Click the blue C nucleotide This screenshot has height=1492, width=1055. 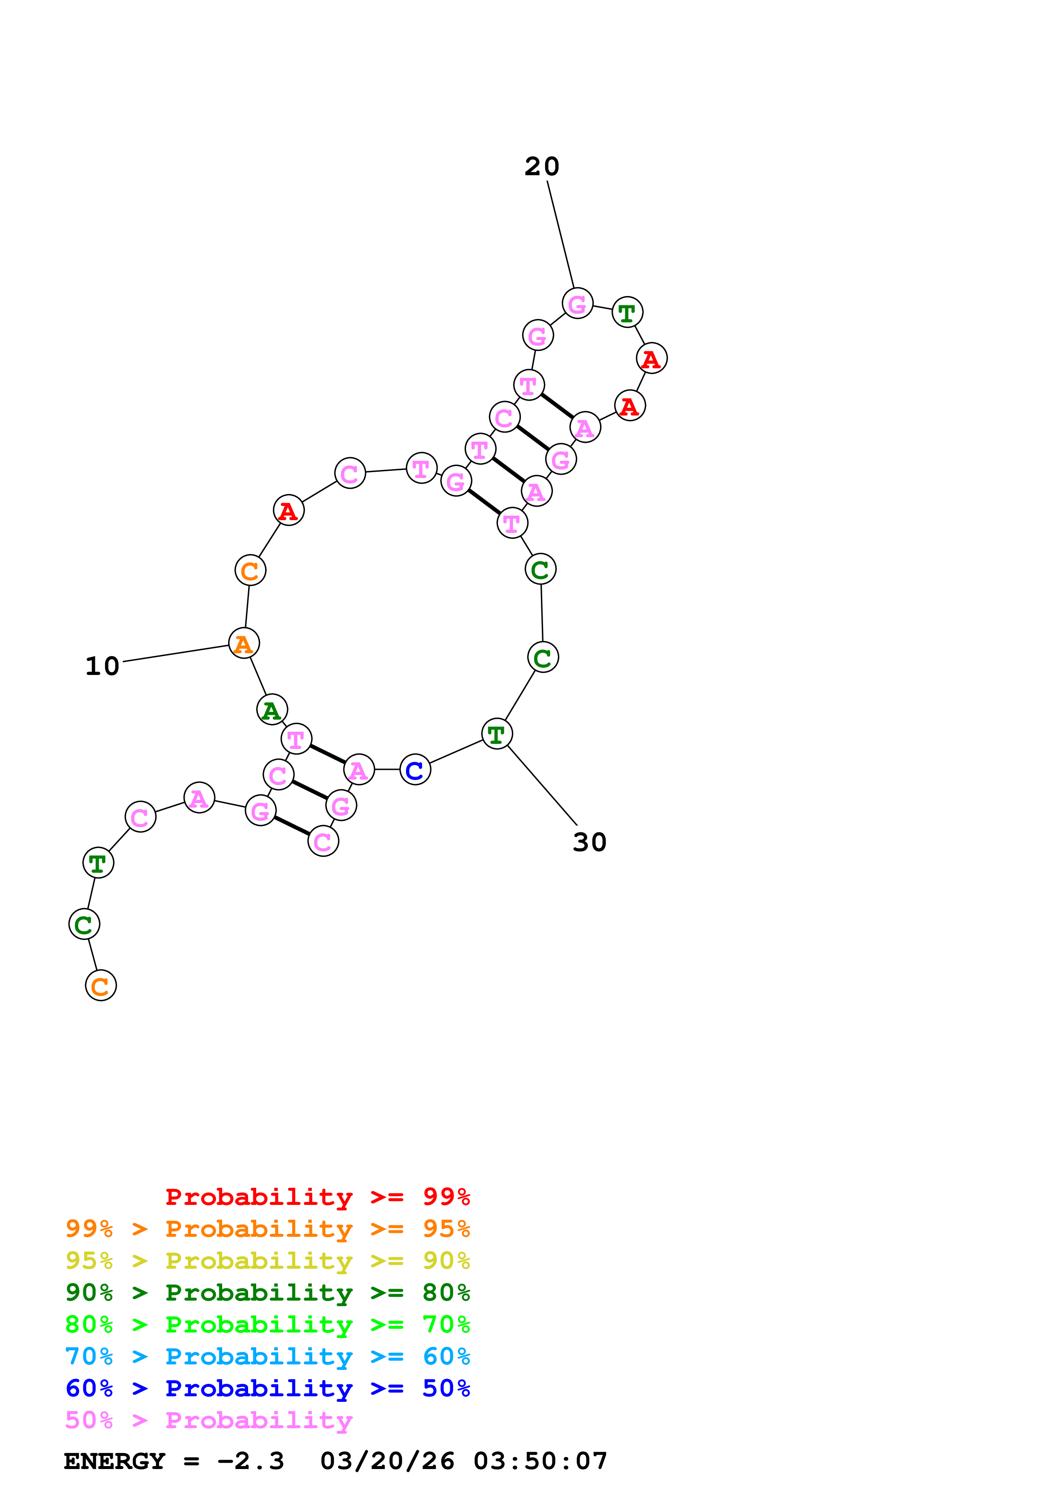click(x=415, y=770)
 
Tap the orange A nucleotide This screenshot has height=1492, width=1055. click(x=244, y=643)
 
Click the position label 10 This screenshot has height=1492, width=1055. click(x=103, y=666)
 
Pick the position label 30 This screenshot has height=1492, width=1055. click(x=589, y=842)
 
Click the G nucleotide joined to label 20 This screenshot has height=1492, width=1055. click(x=577, y=304)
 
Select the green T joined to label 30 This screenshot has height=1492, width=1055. click(x=497, y=734)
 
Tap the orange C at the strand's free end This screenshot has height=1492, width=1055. click(x=101, y=986)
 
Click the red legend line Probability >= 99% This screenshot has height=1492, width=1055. click(x=317, y=1196)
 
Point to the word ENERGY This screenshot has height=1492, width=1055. click(x=114, y=1461)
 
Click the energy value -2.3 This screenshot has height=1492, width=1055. click(x=250, y=1461)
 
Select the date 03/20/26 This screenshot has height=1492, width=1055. click(x=387, y=1461)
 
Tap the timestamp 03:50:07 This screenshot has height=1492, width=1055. click(x=540, y=1461)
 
